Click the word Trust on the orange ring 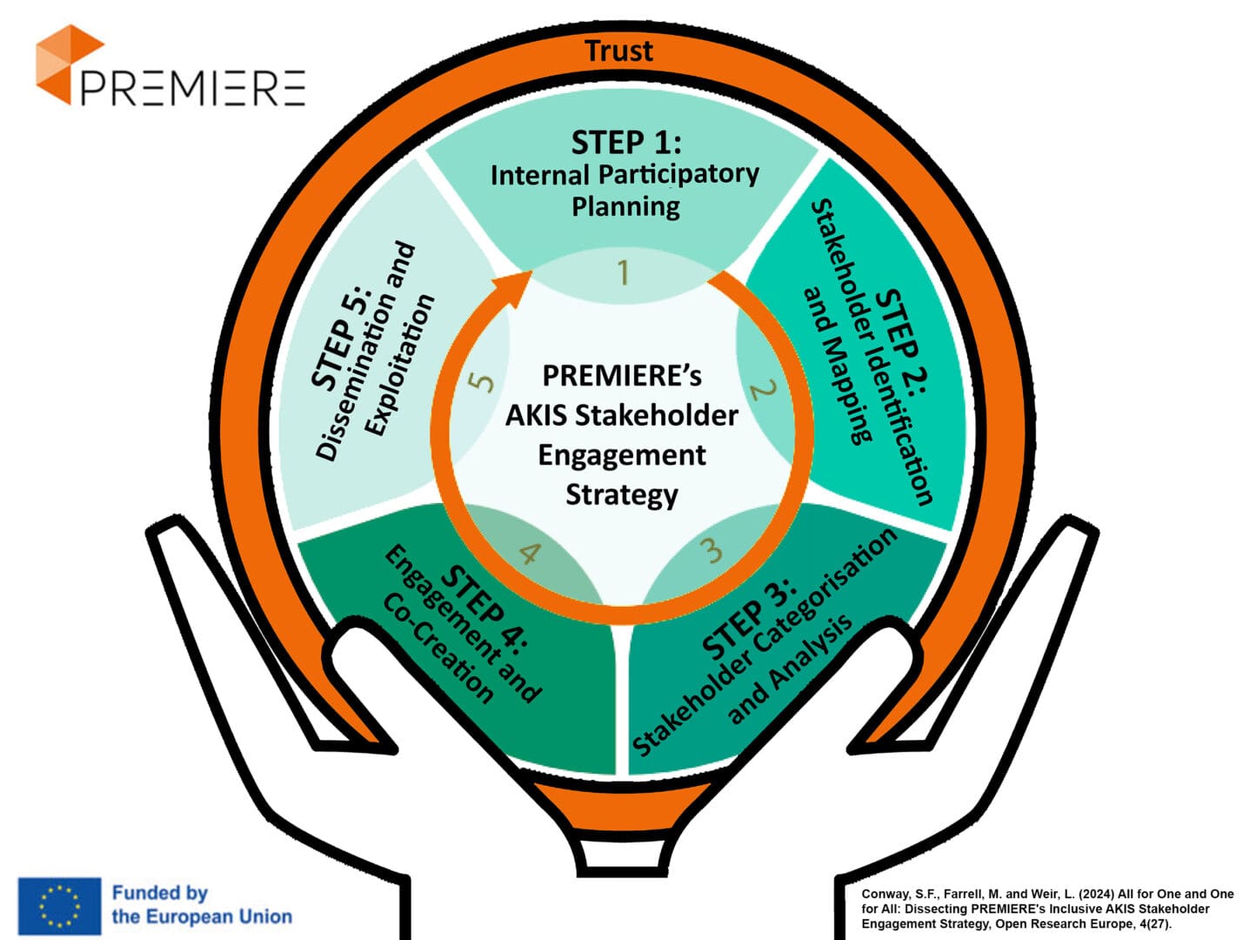click(618, 50)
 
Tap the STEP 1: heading click(625, 142)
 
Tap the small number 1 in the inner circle click(623, 273)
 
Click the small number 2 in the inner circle click(762, 389)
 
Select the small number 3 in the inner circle click(712, 550)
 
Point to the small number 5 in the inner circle click(481, 381)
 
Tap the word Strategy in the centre click(622, 494)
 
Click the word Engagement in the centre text click(622, 454)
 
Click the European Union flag click(59, 906)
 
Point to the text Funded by click(160, 892)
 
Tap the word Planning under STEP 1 click(625, 206)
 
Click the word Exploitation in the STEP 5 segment click(399, 365)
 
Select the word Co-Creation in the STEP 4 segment click(438, 648)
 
